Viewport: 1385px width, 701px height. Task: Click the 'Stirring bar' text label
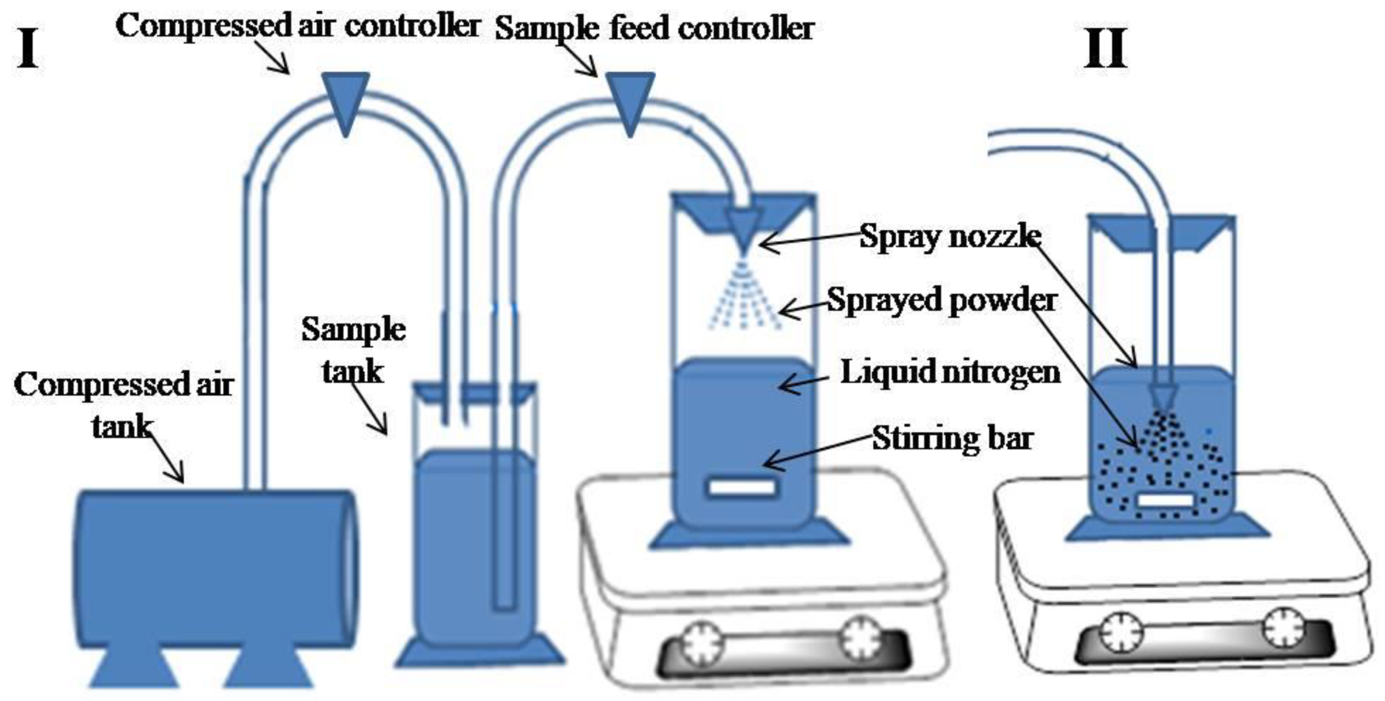coord(952,438)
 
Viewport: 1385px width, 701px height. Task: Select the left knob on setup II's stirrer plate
coord(1120,633)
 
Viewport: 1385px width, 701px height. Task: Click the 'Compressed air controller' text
coord(297,26)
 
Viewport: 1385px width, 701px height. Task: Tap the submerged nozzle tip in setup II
coord(1163,400)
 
